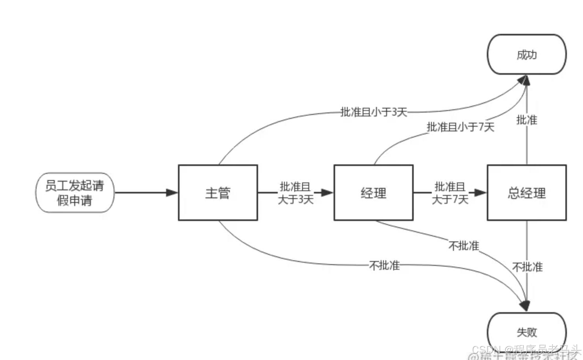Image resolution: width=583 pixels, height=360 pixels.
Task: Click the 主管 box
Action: pos(218,193)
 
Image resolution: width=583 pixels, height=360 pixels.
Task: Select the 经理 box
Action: pos(373,193)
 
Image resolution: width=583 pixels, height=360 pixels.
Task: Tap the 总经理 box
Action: pos(526,193)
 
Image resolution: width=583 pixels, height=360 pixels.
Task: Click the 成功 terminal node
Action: pos(526,54)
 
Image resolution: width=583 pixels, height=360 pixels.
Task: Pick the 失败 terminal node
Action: pos(526,332)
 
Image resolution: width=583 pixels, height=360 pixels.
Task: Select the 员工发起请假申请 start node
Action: pos(75,193)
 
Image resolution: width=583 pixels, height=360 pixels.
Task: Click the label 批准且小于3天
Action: pos(374,112)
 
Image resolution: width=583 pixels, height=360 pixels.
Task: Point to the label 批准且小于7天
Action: pos(460,127)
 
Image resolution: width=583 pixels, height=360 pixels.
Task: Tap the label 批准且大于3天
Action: pos(295,193)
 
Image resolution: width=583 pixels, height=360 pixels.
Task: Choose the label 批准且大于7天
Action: pos(450,193)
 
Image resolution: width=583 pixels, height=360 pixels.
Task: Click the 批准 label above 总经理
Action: pos(526,120)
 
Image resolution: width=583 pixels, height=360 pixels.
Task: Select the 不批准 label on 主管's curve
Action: pos(384,265)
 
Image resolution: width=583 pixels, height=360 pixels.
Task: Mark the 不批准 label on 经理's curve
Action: pos(464,246)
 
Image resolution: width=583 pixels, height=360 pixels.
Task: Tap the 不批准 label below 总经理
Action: pos(527,267)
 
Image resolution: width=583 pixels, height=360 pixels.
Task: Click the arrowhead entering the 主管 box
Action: pos(172,193)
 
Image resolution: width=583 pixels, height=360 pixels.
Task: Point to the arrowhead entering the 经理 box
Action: pos(327,193)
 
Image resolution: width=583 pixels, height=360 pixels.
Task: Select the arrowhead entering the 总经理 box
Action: pos(480,193)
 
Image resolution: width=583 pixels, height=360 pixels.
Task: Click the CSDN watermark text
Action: pos(526,349)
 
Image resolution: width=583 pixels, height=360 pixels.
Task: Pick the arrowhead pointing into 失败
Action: pos(526,306)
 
